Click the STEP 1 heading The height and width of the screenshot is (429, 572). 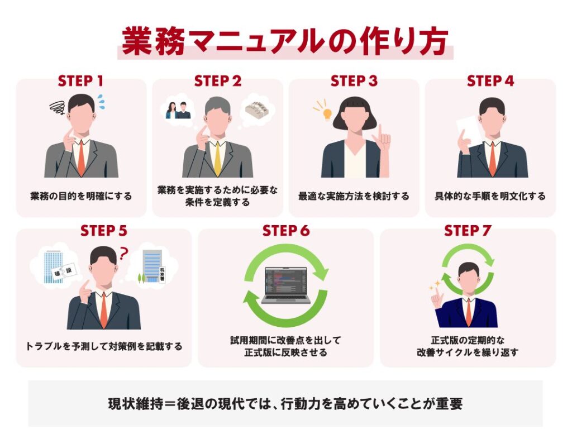coord(80,81)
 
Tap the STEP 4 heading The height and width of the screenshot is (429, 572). coord(490,81)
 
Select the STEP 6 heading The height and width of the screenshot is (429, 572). coord(286,231)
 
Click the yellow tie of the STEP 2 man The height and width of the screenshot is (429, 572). coord(217,159)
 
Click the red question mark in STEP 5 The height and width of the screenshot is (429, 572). coord(123,253)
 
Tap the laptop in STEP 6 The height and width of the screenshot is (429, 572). coord(286,285)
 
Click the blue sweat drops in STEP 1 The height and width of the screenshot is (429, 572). coord(100,100)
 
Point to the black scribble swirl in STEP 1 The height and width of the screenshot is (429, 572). coord(58,107)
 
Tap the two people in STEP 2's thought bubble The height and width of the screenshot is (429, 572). coord(178,110)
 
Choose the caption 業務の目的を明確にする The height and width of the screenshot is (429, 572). coord(81,196)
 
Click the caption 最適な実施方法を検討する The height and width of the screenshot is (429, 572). coord(354,196)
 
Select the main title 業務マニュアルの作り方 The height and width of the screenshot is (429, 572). coord(285,41)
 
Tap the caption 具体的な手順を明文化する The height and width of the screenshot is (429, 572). coord(490,196)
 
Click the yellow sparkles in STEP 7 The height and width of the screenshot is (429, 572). coord(435,285)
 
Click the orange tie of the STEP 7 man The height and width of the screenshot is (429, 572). coord(469,312)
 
